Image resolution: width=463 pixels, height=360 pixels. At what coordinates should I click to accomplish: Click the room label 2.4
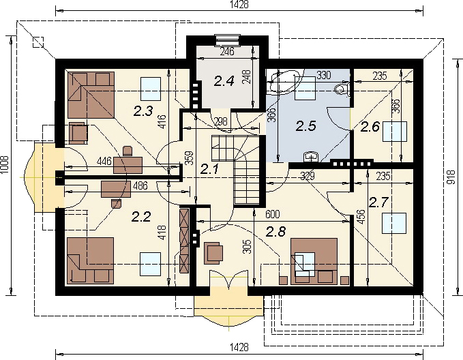(224, 81)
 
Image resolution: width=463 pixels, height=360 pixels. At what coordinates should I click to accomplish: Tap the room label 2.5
(306, 126)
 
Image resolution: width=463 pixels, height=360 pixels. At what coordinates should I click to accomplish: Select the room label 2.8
(276, 232)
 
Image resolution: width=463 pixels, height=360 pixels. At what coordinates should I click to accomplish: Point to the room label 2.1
(209, 169)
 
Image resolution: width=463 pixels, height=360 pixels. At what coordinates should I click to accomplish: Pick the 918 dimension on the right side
(451, 178)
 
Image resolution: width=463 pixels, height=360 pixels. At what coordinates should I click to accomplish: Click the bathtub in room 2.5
(284, 81)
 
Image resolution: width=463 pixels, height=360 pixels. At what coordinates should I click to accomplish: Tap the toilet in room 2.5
(342, 89)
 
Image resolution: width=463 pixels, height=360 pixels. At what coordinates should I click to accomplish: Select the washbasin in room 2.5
(311, 157)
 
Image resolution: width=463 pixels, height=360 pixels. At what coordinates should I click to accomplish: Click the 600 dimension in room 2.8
(273, 214)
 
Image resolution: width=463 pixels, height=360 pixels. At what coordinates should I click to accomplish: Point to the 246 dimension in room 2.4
(227, 51)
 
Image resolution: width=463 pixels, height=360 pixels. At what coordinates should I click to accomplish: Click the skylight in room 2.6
(395, 131)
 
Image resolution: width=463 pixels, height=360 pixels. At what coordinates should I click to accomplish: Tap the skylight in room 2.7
(394, 223)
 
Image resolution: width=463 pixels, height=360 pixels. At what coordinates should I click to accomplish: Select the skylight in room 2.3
(151, 89)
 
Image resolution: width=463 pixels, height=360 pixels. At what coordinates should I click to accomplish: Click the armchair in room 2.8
(213, 252)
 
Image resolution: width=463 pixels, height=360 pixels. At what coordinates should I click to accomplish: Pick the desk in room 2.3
(128, 165)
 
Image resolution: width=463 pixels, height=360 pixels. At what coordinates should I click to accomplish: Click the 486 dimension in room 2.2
(140, 185)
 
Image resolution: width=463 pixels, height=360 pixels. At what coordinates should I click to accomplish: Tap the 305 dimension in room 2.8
(248, 247)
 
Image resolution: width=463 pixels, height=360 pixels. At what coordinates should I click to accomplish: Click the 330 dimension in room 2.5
(324, 75)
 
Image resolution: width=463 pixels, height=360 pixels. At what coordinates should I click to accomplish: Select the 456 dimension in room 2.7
(361, 217)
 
